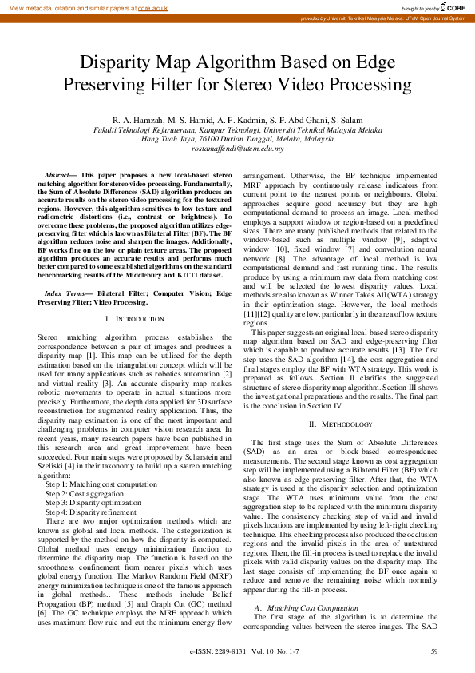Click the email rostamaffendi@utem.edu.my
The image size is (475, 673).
pos(237,149)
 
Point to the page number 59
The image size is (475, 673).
pos(434,652)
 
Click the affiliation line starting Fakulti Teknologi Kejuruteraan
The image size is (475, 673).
pos(237,129)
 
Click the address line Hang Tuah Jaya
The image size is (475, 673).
pos(237,139)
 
